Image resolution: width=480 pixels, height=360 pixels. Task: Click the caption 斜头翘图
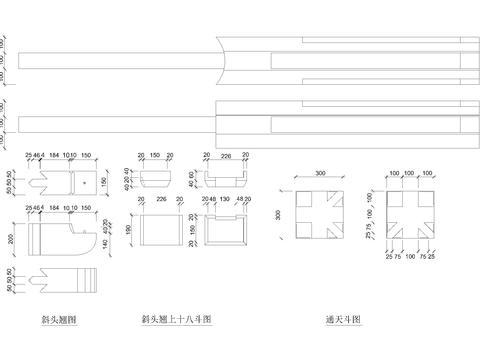coord(59,320)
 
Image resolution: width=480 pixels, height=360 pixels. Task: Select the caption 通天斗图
coord(341,320)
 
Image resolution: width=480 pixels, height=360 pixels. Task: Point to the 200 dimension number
coord(9,241)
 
